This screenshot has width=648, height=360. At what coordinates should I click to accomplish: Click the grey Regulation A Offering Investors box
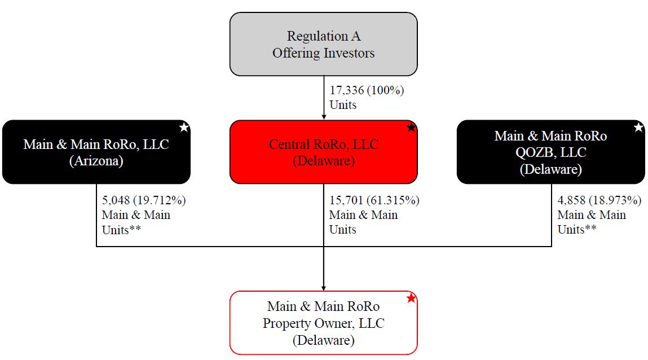pos(323,44)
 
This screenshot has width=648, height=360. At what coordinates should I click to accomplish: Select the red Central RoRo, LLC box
pos(323,152)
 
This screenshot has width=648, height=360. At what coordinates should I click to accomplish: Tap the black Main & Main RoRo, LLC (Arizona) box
pos(96,152)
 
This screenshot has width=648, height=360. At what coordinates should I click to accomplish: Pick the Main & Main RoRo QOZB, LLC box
pos(550,152)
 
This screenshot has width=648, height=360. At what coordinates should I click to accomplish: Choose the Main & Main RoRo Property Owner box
pos(323,323)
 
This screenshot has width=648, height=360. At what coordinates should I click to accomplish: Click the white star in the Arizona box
pos(184,128)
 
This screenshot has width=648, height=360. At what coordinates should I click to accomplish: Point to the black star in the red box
pos(411,128)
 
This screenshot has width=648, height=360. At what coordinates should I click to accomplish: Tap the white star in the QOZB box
pos(638,128)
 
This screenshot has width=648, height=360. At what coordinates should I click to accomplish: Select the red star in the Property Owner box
pos(411,298)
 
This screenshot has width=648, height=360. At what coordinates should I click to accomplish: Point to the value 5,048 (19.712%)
pos(144,200)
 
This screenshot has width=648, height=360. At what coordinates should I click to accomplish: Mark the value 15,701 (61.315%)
pos(374,200)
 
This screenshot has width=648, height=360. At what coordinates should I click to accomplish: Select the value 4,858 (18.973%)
pos(599,200)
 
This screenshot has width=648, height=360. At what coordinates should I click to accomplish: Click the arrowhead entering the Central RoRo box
pos(324,117)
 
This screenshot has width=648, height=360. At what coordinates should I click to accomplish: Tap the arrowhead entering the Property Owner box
pos(324,288)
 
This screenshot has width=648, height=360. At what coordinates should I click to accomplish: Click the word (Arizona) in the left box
pos(96,161)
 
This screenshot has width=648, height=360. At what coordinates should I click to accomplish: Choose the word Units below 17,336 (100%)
pos(343,105)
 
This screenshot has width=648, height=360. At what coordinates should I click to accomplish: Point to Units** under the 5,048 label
pos(121,230)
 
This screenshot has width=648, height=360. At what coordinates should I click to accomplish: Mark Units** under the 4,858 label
pos(577,230)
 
